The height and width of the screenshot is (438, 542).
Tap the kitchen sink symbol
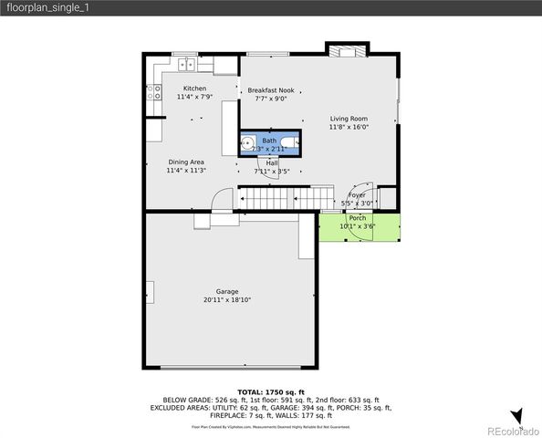pos(186,64)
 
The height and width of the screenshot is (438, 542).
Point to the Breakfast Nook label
pos(271,90)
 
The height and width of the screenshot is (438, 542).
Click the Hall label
pos(272,162)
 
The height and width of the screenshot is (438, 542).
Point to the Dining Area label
pos(185,162)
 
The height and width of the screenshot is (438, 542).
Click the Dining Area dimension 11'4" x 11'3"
pos(185,171)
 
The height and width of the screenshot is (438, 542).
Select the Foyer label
pos(357,194)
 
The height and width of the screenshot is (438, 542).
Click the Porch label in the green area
pos(357,217)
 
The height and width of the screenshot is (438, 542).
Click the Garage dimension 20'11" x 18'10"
pos(227,299)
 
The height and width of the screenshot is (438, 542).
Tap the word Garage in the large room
pos(227,291)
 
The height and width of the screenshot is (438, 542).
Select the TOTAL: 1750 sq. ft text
pos(270,391)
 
